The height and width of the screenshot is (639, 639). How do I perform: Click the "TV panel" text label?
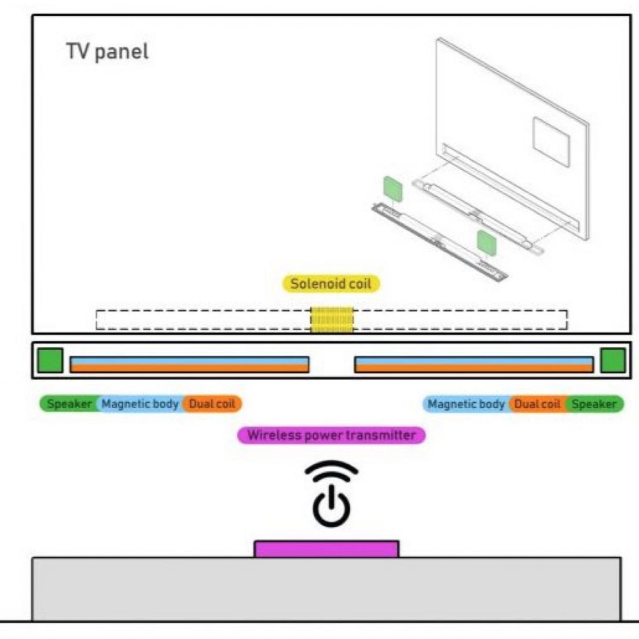pyautogui.click(x=107, y=52)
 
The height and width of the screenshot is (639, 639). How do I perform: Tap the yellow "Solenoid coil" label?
pyautogui.click(x=330, y=284)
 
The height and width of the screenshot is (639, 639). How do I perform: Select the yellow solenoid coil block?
pyautogui.click(x=332, y=320)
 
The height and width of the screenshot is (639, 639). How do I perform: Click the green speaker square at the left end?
pyautogui.click(x=50, y=360)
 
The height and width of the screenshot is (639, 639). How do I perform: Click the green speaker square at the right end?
pyautogui.click(x=612, y=360)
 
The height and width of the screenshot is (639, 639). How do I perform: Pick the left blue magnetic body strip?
pyautogui.click(x=189, y=361)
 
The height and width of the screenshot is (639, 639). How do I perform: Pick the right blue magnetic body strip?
pyautogui.click(x=473, y=361)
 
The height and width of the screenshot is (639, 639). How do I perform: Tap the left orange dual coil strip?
pyautogui.click(x=189, y=368)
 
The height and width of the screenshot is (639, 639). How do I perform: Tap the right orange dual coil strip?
pyautogui.click(x=473, y=368)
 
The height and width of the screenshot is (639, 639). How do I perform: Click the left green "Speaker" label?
pyautogui.click(x=68, y=404)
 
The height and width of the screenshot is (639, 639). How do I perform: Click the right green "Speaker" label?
pyautogui.click(x=595, y=404)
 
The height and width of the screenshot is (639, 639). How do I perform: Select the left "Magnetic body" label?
pyautogui.click(x=140, y=404)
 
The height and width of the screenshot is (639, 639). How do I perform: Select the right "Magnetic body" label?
pyautogui.click(x=466, y=404)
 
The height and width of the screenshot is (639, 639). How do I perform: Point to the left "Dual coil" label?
pyautogui.click(x=212, y=404)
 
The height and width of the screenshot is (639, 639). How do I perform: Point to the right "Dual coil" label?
pyautogui.click(x=537, y=404)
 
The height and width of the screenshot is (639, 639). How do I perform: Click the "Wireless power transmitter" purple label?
pyautogui.click(x=331, y=435)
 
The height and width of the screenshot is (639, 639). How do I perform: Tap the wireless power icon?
pyautogui.click(x=331, y=494)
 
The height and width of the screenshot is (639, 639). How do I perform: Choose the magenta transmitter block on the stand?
pyautogui.click(x=326, y=549)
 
